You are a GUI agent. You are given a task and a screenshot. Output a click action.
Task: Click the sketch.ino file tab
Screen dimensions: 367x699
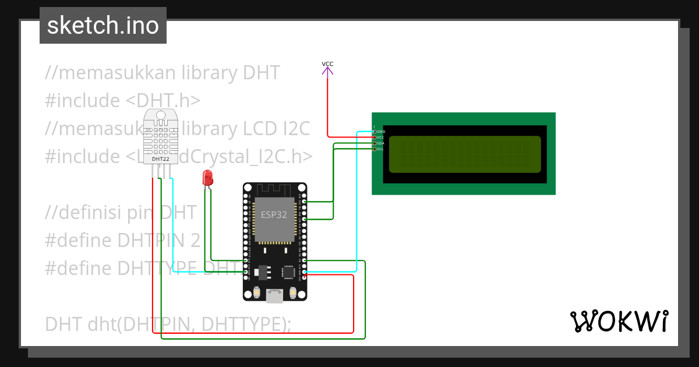coord(103,26)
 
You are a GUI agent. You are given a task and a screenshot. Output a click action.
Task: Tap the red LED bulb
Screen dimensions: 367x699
coord(207,178)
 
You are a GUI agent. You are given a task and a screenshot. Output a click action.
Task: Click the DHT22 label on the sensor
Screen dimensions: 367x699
coord(160,158)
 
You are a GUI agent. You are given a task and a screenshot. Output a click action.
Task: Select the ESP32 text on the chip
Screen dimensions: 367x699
coord(273,214)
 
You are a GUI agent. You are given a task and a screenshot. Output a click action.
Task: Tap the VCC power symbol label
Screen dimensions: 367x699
coord(327,64)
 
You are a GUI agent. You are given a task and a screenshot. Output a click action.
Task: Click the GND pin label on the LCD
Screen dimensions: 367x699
coord(380,132)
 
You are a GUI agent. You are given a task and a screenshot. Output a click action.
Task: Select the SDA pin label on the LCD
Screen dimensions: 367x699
coord(380,143)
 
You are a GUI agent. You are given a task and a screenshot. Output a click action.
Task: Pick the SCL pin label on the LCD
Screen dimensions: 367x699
coord(380,149)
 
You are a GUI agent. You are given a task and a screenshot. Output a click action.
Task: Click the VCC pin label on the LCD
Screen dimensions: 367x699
coord(380,137)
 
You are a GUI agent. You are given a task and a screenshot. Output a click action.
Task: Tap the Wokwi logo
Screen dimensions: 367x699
coord(618,321)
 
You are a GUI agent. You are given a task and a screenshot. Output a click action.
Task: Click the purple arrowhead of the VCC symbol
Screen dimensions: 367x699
coord(327,71)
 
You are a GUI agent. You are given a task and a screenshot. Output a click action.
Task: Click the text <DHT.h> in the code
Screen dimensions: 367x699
coord(163,101)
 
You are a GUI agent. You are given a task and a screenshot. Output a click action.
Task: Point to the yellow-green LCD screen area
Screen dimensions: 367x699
coord(464,154)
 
